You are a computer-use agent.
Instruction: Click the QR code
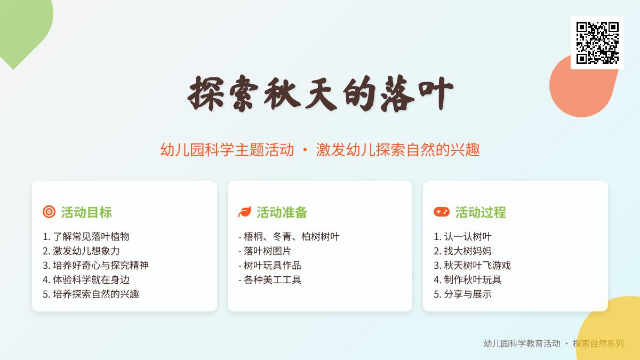tap(597, 43)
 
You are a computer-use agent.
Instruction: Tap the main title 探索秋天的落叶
tap(320, 93)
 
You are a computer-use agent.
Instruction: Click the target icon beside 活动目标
tap(49, 212)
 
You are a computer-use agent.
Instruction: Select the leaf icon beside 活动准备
tap(245, 212)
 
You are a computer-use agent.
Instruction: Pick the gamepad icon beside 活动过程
tap(442, 212)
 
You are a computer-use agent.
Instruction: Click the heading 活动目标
tap(86, 212)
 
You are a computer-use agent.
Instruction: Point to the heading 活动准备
tap(282, 212)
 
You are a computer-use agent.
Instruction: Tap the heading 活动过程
tap(481, 212)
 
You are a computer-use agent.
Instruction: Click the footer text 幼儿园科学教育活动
tap(522, 343)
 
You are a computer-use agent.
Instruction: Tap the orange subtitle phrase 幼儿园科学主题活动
tap(227, 150)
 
